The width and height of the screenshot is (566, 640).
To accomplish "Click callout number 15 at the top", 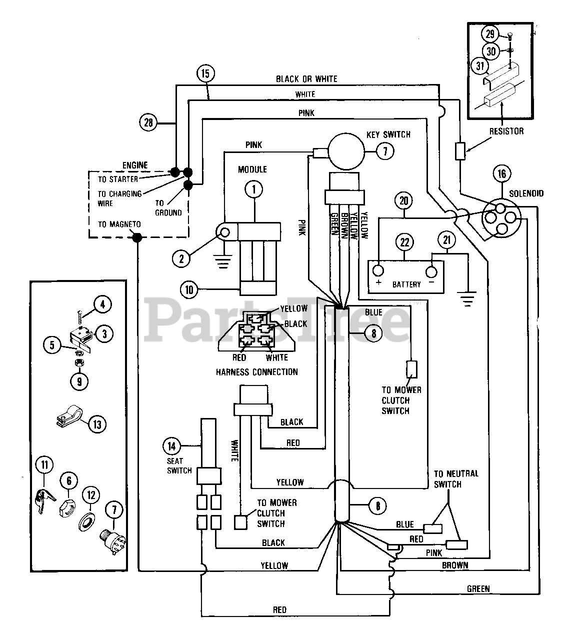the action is tap(205, 73).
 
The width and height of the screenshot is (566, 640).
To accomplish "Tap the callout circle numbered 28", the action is tap(148, 122).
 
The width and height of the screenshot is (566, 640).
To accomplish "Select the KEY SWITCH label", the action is tap(388, 134).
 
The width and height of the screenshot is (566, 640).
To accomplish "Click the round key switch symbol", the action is tap(346, 151).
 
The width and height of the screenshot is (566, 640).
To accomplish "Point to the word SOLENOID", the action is tap(526, 193).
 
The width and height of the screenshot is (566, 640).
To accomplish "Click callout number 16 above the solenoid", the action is tap(502, 173).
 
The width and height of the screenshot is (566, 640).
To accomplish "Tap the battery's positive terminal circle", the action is tap(378, 270).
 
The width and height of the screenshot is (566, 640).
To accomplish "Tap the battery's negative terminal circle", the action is tap(431, 271).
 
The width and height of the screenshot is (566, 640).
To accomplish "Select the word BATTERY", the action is tap(406, 284).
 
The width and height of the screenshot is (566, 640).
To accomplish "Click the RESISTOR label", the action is tap(506, 131).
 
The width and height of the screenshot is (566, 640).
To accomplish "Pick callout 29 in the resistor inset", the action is tap(490, 34).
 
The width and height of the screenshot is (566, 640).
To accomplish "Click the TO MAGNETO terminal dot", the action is tap(137, 237).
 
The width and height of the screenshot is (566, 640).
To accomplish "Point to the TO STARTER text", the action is tap(118, 179).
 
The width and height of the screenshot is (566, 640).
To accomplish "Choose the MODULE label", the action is tap(252, 169).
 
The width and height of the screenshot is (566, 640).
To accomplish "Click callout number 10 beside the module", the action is tap(189, 289).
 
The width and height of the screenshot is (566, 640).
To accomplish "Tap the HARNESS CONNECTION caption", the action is tap(257, 372).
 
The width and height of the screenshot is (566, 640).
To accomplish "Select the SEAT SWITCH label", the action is tap(179, 466).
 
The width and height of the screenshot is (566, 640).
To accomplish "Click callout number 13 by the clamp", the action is tap(97, 424).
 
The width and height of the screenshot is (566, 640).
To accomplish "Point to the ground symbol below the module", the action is tap(223, 261).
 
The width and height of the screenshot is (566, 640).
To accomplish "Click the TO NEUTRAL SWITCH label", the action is tap(456, 479).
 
